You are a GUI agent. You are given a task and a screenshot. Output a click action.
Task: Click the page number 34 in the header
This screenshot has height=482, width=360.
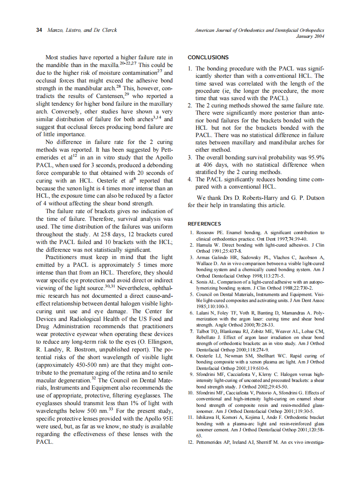click(x=39, y=30)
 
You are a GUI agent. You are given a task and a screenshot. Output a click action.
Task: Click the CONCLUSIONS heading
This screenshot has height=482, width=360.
click(x=208, y=58)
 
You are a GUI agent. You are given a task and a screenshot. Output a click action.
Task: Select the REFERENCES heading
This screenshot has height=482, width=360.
click(x=204, y=224)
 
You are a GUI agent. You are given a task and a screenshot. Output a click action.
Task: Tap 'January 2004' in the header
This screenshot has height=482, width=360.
click(x=310, y=37)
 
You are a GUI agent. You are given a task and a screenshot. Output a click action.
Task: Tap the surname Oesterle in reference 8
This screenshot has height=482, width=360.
click(x=207, y=356)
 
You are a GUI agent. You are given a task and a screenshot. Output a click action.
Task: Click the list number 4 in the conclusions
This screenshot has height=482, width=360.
click(x=190, y=180)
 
